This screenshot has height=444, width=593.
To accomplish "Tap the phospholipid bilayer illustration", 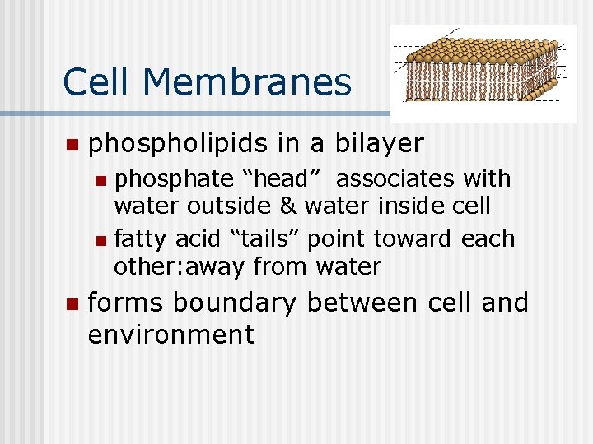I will [x=483, y=73].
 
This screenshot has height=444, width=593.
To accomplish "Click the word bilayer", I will [x=379, y=144].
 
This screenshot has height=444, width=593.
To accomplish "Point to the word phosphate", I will [x=174, y=179].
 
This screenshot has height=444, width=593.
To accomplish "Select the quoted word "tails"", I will [x=268, y=239].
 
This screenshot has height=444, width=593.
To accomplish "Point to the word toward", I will [x=409, y=239].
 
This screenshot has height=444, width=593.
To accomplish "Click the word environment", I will [x=170, y=335].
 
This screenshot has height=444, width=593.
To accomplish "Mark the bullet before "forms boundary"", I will [x=71, y=304].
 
